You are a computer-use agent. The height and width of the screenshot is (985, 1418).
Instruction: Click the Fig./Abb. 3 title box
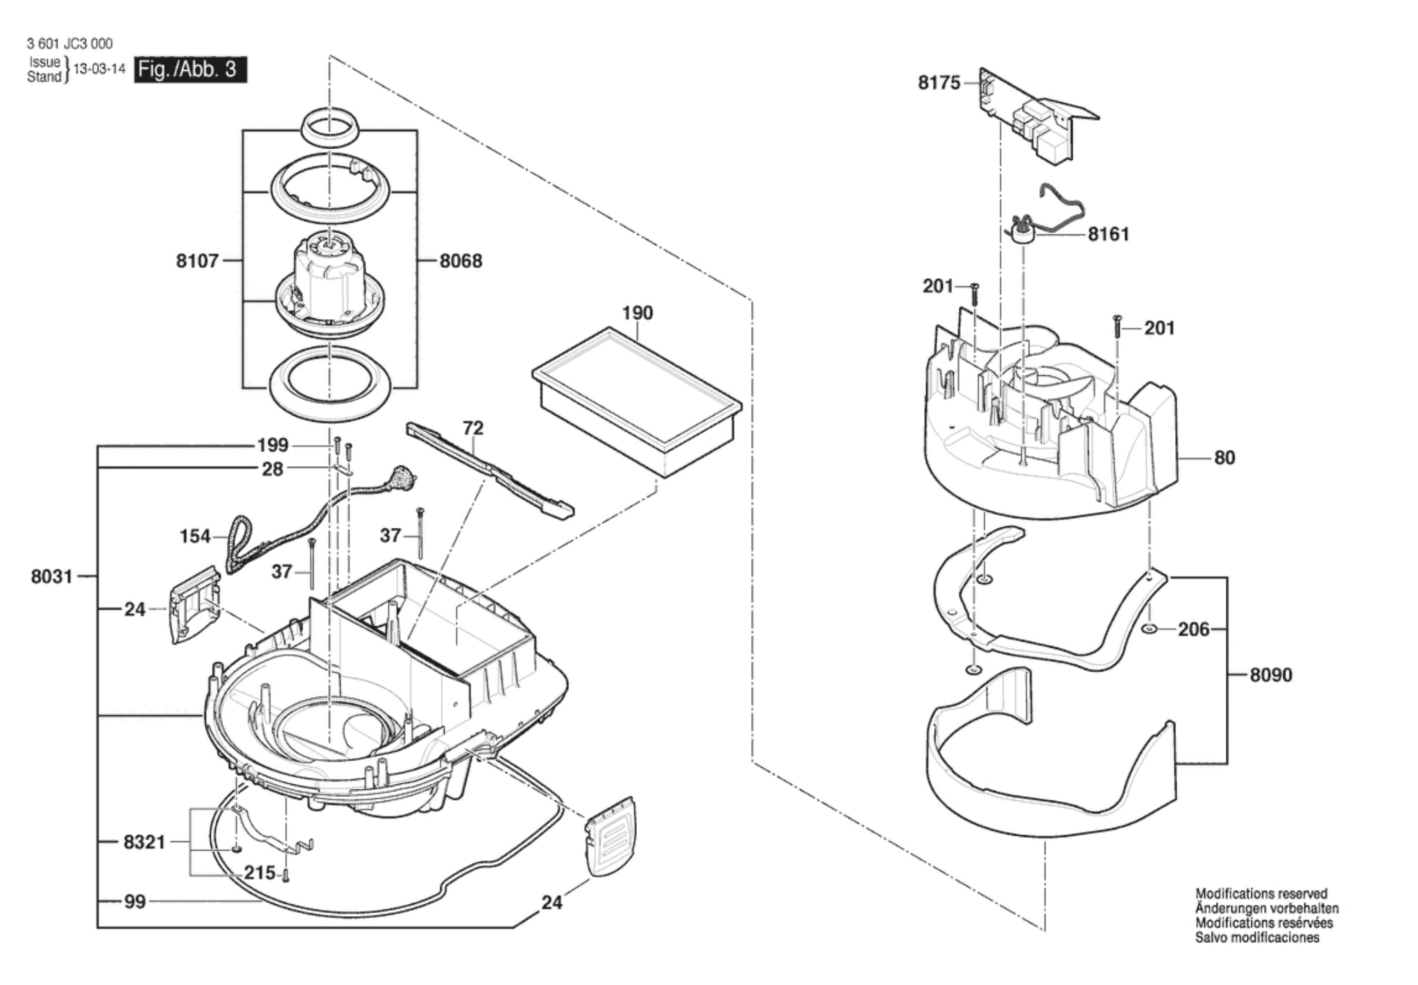click(190, 70)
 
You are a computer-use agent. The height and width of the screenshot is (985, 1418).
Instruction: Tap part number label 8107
click(197, 261)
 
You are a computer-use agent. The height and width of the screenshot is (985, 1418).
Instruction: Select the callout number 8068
click(461, 262)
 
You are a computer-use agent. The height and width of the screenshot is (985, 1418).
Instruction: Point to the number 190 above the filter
click(637, 313)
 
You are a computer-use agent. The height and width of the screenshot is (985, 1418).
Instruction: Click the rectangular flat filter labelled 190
click(636, 402)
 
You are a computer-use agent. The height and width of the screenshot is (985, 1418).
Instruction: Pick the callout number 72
click(472, 428)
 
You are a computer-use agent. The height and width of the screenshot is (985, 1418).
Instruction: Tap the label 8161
click(1109, 234)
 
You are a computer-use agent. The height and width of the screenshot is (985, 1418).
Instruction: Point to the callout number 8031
click(51, 576)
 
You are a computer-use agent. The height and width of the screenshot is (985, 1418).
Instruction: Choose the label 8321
click(144, 842)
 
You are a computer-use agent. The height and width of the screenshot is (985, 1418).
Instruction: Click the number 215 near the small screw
click(259, 873)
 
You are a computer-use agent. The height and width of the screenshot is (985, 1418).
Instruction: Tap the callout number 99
click(135, 902)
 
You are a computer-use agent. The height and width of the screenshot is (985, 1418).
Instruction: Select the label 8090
click(1271, 675)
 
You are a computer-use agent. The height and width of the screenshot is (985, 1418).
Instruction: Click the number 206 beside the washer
click(1193, 629)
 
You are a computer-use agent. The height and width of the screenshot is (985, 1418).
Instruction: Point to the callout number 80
click(1224, 458)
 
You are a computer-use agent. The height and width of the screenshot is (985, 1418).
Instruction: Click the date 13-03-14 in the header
click(99, 69)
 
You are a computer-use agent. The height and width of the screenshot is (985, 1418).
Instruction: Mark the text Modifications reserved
click(1261, 893)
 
